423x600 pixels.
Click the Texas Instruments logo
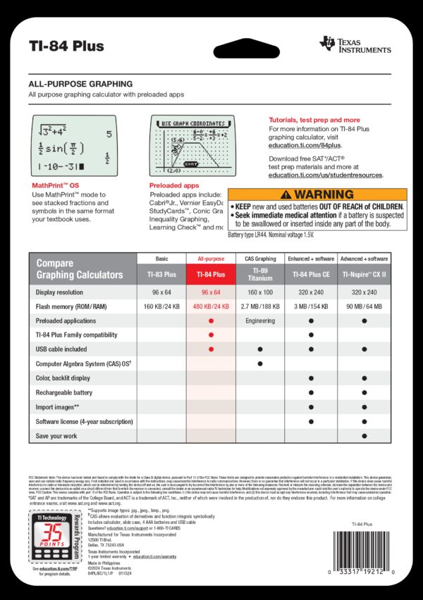click(355, 44)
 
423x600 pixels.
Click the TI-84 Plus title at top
click(66, 46)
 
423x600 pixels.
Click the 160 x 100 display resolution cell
click(260, 292)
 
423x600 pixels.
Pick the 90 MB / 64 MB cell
click(364, 307)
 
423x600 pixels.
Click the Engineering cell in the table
click(260, 320)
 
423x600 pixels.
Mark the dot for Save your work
click(364, 436)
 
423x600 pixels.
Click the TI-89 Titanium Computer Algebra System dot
click(260, 363)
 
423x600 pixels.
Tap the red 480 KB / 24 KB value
click(210, 307)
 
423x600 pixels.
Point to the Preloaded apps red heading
click(173, 185)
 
